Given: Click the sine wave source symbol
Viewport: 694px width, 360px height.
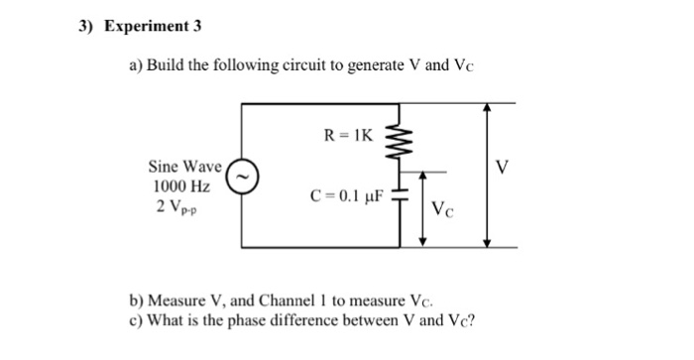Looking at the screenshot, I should [243, 176].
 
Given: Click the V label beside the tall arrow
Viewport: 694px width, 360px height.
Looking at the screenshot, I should [502, 168].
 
